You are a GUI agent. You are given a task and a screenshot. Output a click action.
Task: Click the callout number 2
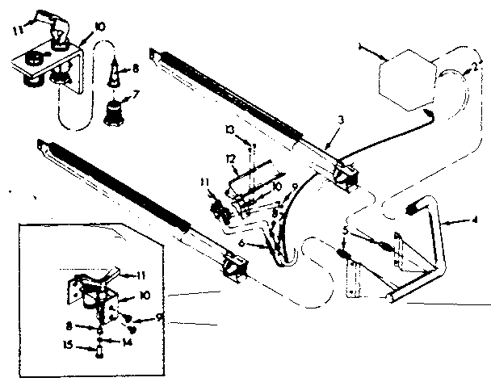(477, 69)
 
